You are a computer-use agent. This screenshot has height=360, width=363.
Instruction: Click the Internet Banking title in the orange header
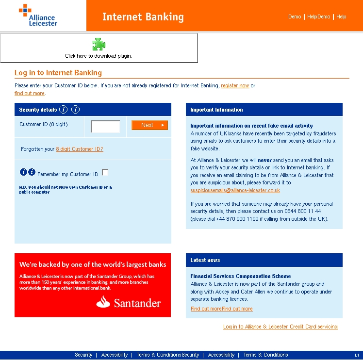143,17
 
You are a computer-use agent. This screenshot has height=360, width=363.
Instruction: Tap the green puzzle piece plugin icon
99,45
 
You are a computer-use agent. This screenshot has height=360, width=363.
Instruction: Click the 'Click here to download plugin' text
99,56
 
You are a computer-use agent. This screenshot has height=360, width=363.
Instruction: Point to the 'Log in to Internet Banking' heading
58,73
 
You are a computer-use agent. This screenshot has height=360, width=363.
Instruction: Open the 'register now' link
235,86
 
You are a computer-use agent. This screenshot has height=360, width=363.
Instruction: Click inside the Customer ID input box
105,127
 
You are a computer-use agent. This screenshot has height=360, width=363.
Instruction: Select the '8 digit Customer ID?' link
80,149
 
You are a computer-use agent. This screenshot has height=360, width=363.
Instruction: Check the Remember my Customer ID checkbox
105,172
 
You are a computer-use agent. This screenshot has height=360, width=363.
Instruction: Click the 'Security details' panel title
38,110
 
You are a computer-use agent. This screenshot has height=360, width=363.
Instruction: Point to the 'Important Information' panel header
216,110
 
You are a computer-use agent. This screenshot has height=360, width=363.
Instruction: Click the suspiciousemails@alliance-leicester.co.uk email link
235,191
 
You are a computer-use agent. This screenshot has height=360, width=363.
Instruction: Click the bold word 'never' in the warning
264,160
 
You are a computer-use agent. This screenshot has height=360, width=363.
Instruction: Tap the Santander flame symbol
103,302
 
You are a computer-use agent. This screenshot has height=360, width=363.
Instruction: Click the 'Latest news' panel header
205,260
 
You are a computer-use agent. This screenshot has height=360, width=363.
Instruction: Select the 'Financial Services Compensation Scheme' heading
240,276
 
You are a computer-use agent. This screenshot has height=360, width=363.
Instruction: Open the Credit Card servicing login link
280,327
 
